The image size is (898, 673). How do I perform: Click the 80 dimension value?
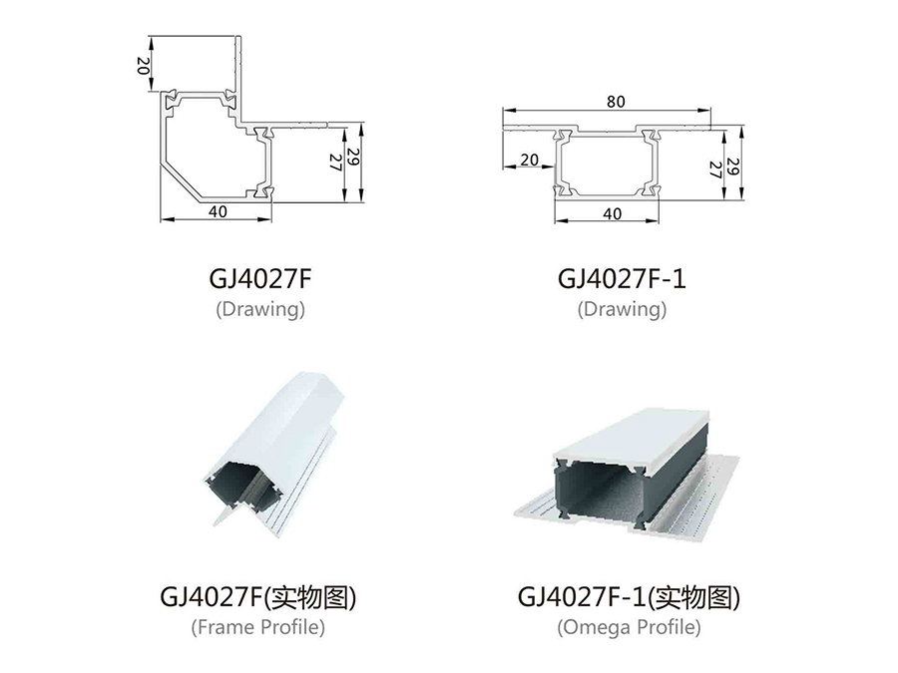coord(616,102)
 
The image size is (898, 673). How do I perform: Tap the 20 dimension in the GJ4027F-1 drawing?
coord(529,160)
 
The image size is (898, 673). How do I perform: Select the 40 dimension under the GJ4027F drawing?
coord(218,211)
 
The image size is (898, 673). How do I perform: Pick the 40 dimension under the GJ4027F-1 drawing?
coord(613,214)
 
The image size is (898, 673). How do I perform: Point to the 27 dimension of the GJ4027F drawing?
coord(335,163)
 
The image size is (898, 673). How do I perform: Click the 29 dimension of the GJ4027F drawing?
coord(353,158)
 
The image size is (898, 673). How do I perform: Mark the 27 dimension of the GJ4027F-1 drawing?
coord(715,169)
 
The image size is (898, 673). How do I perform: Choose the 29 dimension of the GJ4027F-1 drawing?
coord(733,166)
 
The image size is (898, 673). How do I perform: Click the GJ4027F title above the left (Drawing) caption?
coord(260,279)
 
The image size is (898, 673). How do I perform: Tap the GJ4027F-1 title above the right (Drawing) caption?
coord(622,279)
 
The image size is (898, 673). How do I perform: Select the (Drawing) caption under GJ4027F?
coord(260,309)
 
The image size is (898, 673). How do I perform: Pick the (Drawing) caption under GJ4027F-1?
coord(622,309)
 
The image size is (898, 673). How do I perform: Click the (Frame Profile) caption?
coord(258,627)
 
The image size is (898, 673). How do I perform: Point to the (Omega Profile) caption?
coord(629,627)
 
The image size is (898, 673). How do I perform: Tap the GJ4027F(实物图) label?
coord(258,597)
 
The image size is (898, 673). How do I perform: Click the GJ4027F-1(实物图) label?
coord(629,597)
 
